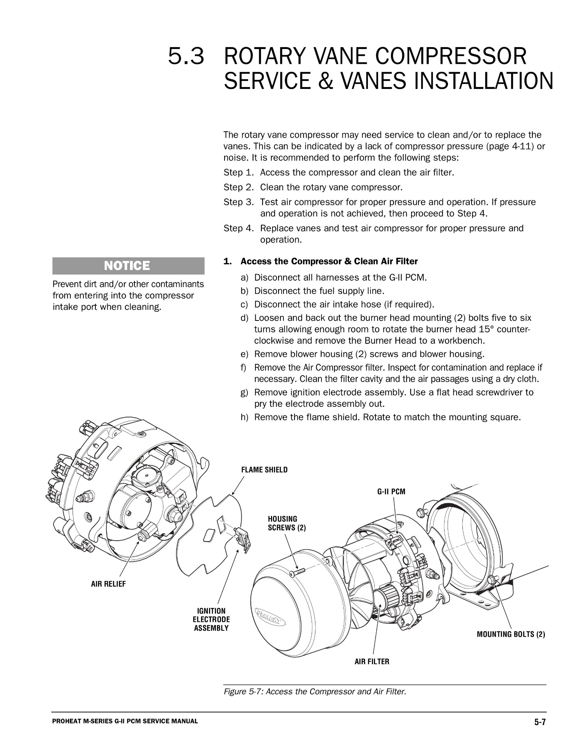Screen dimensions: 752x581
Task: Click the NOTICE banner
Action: click(x=128, y=266)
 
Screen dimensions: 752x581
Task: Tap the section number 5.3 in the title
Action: click(x=186, y=57)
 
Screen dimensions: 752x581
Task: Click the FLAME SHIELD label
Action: click(x=264, y=470)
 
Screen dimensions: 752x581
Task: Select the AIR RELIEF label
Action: click(x=108, y=584)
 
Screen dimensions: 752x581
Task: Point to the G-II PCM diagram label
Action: click(x=391, y=492)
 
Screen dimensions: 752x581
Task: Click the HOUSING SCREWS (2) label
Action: click(x=287, y=523)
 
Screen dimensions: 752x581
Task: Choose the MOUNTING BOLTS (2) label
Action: click(x=510, y=634)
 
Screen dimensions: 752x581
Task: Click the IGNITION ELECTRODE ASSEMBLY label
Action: click(x=211, y=619)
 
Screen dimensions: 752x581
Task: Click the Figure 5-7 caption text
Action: click(x=315, y=691)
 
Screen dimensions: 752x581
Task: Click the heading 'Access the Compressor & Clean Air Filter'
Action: click(x=329, y=262)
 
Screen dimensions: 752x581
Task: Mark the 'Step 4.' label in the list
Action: click(x=238, y=228)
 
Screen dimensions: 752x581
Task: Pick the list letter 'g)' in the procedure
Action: click(x=244, y=392)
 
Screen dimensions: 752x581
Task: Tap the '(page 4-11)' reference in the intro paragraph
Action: click(x=509, y=146)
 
